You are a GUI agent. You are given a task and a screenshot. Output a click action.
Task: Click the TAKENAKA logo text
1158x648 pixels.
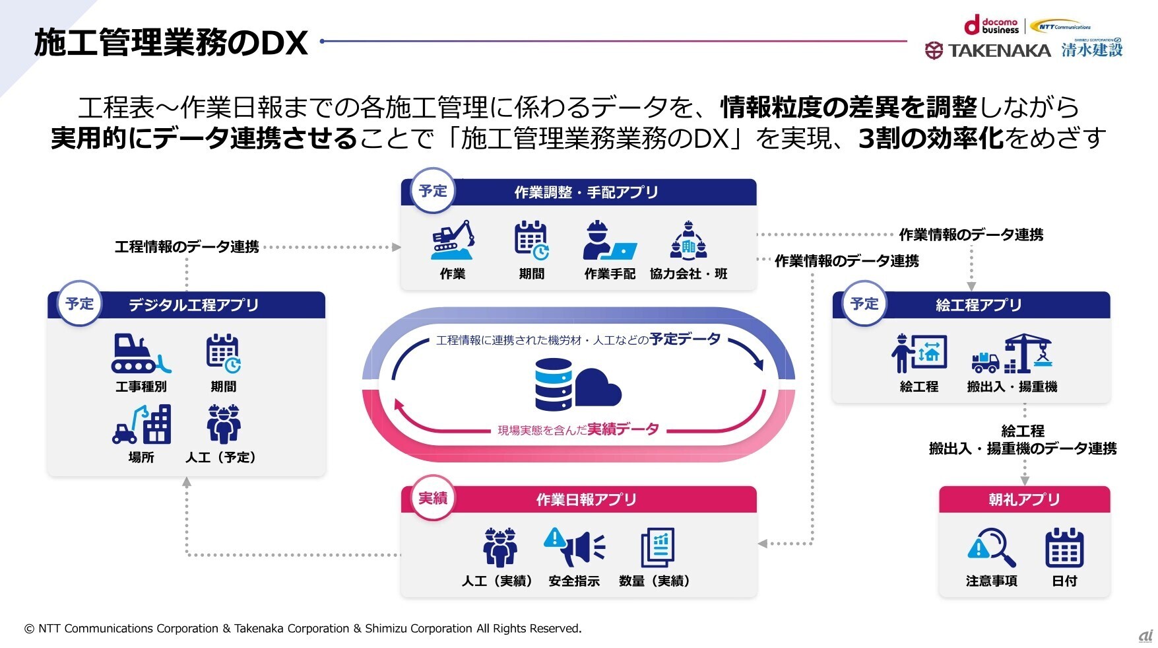(999, 50)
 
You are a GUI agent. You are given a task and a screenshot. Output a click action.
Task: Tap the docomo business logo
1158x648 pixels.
(992, 26)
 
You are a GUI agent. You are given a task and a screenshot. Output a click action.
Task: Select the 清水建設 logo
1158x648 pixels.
(1092, 50)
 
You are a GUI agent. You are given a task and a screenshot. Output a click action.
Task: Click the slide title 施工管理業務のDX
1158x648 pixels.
(171, 44)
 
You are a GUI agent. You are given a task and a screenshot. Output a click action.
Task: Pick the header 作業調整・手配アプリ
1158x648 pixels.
(586, 192)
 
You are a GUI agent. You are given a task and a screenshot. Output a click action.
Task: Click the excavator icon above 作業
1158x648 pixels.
(453, 240)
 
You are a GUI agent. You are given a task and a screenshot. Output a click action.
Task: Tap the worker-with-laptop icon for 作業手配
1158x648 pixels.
(609, 240)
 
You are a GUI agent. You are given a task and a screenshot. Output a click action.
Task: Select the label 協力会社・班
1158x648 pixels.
(688, 273)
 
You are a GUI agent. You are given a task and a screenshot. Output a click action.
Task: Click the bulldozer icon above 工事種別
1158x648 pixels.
(141, 354)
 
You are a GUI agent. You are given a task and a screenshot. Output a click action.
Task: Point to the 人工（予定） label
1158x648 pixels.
(221, 457)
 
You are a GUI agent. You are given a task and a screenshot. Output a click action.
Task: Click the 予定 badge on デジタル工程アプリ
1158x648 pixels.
(80, 304)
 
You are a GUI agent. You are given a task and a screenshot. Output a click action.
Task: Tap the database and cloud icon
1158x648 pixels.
(578, 384)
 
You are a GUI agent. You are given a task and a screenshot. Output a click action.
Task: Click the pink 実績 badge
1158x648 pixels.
(433, 498)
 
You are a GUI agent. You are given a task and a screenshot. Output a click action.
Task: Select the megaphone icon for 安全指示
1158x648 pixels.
(574, 547)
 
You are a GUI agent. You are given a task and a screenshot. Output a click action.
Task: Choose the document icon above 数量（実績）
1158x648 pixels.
(657, 547)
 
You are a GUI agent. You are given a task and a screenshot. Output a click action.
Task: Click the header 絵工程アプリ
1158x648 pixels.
(979, 305)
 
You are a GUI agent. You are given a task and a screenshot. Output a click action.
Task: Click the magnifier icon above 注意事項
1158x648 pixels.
(992, 548)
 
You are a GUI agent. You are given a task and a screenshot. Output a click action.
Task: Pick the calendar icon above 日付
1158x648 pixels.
(1064, 548)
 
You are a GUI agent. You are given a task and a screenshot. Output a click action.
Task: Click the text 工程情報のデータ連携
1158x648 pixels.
(187, 247)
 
